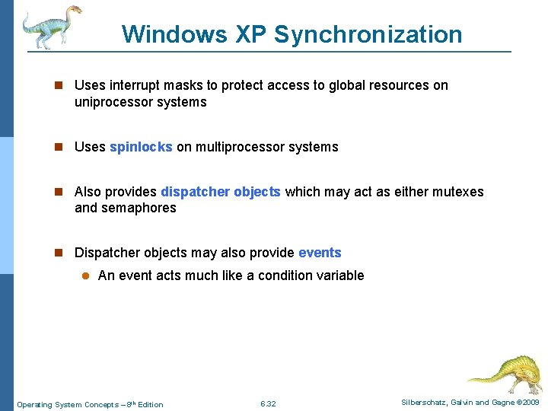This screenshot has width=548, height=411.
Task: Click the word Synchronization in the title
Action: [368, 34]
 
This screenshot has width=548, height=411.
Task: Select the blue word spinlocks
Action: [141, 147]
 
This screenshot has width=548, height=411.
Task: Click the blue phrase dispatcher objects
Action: [221, 192]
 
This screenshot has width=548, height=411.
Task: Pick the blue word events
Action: [320, 253]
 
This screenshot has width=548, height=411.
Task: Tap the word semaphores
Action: [139, 208]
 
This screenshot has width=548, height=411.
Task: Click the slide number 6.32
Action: [268, 403]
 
